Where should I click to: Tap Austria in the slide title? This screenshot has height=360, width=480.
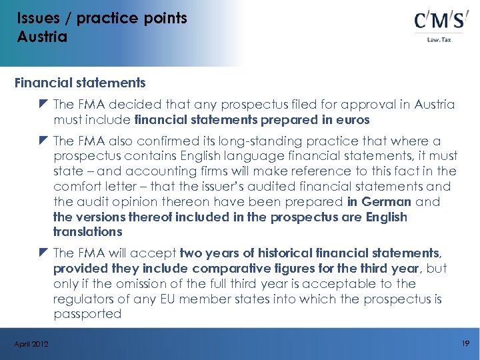tap(42, 37)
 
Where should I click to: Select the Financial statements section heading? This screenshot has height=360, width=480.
tap(80, 83)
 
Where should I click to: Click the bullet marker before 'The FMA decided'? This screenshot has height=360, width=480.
tap(44, 105)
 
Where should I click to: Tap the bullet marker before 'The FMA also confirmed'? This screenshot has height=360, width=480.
tap(44, 141)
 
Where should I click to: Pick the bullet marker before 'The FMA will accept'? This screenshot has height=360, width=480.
tap(44, 253)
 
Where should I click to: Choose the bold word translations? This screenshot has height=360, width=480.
tap(88, 232)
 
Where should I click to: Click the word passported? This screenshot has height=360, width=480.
tap(87, 313)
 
